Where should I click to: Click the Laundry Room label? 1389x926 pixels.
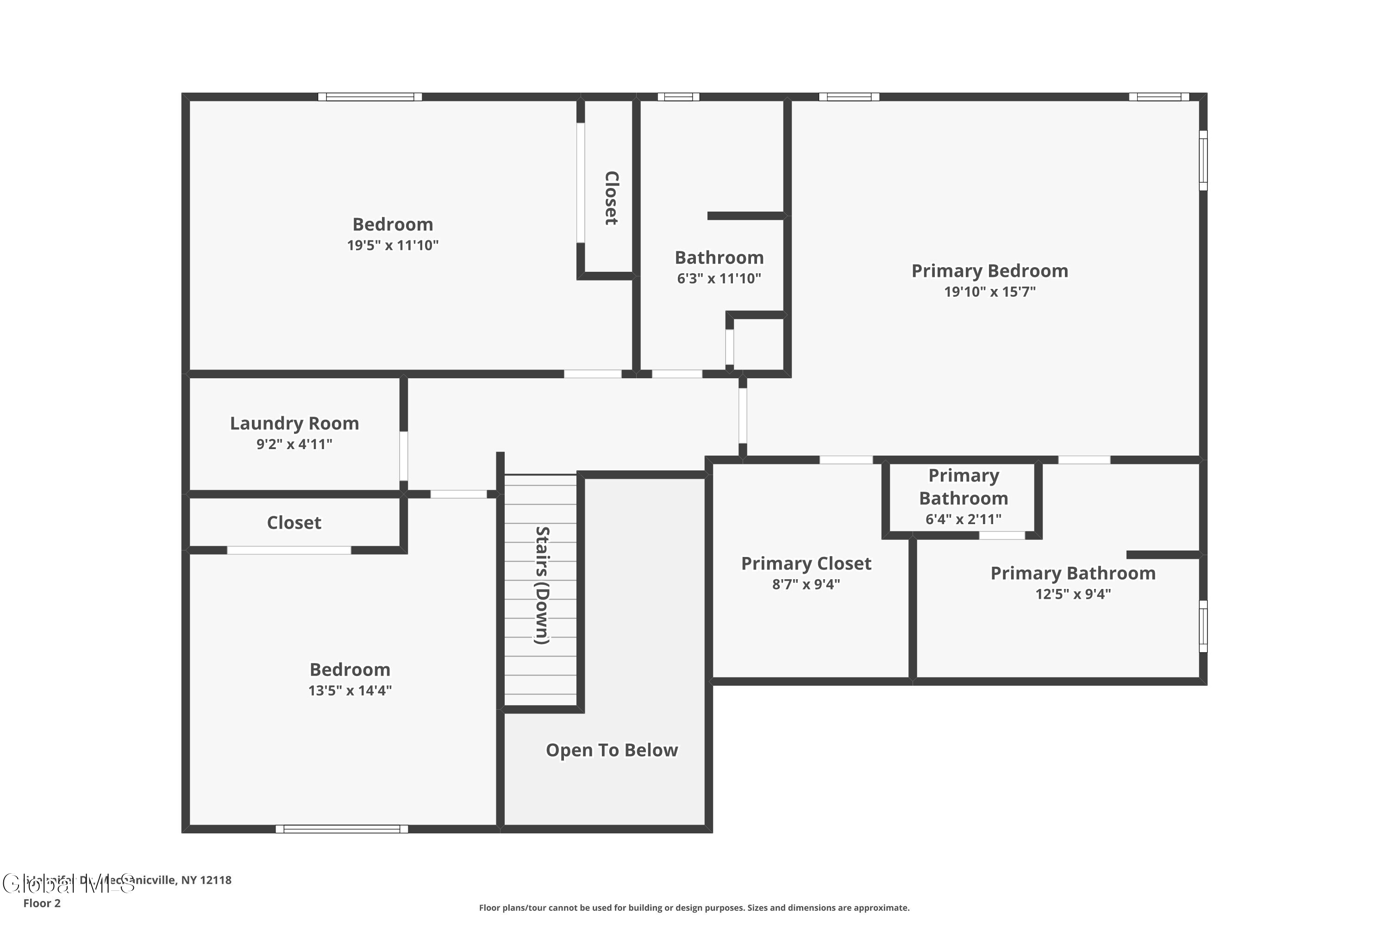pos(294,424)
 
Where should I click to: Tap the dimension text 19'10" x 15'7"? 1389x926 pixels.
pos(990,292)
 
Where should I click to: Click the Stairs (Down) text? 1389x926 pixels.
pos(542,585)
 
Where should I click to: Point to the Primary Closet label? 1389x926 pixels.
pos(806,563)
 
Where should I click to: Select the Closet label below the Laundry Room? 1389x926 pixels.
pos(294,523)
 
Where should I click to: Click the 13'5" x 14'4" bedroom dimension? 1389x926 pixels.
pos(350,690)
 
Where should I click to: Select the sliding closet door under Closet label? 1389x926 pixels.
pos(289,551)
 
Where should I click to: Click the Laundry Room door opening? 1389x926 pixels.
pos(404,456)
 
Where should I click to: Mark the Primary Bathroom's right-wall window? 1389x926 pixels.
pos(1203,626)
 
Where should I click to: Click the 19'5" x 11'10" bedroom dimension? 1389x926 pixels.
pos(393,246)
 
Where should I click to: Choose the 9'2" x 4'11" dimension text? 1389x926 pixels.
pos(294,444)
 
